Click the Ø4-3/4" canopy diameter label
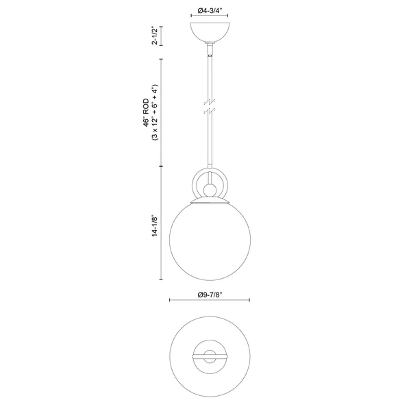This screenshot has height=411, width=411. pyautogui.click(x=210, y=10)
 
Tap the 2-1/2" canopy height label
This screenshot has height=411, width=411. pyautogui.click(x=155, y=36)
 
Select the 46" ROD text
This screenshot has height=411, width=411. pyautogui.click(x=147, y=113)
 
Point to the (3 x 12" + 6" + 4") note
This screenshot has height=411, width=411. pyautogui.click(x=155, y=112)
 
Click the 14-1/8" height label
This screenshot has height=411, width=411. pyautogui.click(x=155, y=226)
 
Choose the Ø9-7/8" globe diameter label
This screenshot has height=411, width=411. pyautogui.click(x=210, y=295)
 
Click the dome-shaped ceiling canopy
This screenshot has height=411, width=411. pyautogui.click(x=210, y=32)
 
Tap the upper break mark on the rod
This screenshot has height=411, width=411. pyautogui.click(x=210, y=101)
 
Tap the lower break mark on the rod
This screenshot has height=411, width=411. pyautogui.click(x=210, y=111)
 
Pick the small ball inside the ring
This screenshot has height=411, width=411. pyautogui.click(x=210, y=190)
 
